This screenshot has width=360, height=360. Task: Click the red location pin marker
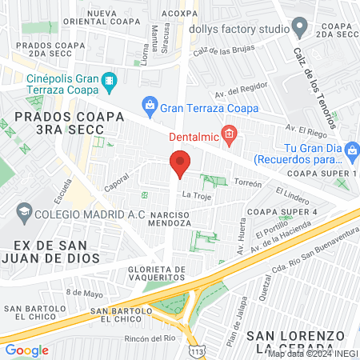click(180, 165)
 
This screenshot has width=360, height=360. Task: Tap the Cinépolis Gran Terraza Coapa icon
click(110, 81)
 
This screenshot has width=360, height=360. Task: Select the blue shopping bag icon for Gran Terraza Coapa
click(148, 103)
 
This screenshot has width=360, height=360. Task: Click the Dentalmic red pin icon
click(229, 134)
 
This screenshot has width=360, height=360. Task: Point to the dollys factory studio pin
click(300, 29)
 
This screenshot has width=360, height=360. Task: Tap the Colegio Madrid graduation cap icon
click(22, 212)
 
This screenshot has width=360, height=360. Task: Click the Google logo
click(26, 350)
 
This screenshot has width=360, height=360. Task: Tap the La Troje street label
click(196, 195)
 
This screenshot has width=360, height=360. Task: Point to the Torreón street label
click(247, 182)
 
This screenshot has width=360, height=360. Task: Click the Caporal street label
click(117, 183)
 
